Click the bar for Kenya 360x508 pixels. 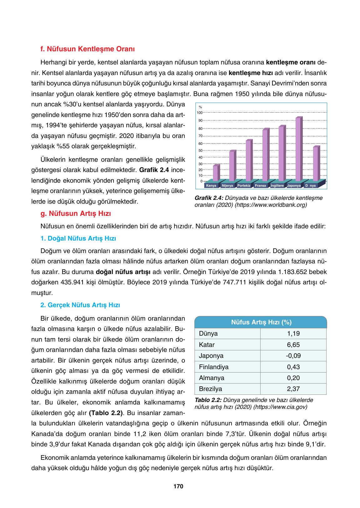pos(216,173)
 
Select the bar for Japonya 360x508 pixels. pos(299,149)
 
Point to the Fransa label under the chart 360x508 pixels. pos(260,185)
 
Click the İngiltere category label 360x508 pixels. pos(277,185)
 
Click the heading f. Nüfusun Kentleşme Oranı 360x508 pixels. pos(88,49)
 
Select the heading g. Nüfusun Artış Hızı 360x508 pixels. pos(76,214)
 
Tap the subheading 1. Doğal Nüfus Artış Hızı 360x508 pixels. pos(78,239)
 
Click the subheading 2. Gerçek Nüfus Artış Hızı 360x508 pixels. pos(80,305)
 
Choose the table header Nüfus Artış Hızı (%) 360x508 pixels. pos(261,322)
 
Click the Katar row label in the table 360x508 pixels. pos(206,345)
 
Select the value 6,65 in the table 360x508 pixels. pos(293,345)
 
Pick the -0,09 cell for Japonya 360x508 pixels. pos(293,356)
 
